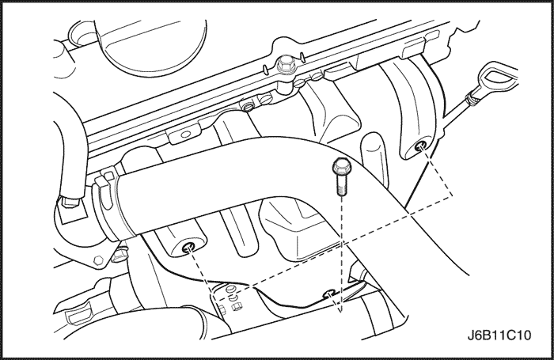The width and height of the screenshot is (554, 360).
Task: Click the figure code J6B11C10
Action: click(499, 335)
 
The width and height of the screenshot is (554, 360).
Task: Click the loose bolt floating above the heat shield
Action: click(340, 176)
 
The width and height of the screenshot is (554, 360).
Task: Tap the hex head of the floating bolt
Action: click(340, 165)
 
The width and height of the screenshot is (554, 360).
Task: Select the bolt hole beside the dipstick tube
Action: click(420, 146)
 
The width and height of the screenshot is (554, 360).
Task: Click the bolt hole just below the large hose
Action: click(188, 248)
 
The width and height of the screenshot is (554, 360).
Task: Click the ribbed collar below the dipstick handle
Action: click(472, 98)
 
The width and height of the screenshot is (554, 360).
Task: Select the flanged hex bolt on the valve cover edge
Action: click(284, 66)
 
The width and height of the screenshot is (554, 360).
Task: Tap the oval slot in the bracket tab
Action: click(184, 135)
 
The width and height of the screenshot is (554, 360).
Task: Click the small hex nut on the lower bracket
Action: click(237, 306)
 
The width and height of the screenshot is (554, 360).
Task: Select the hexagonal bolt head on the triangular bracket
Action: click(98, 261)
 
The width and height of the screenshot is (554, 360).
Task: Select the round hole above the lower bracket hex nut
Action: click(230, 289)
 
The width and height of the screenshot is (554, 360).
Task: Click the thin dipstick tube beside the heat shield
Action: click(456, 120)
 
